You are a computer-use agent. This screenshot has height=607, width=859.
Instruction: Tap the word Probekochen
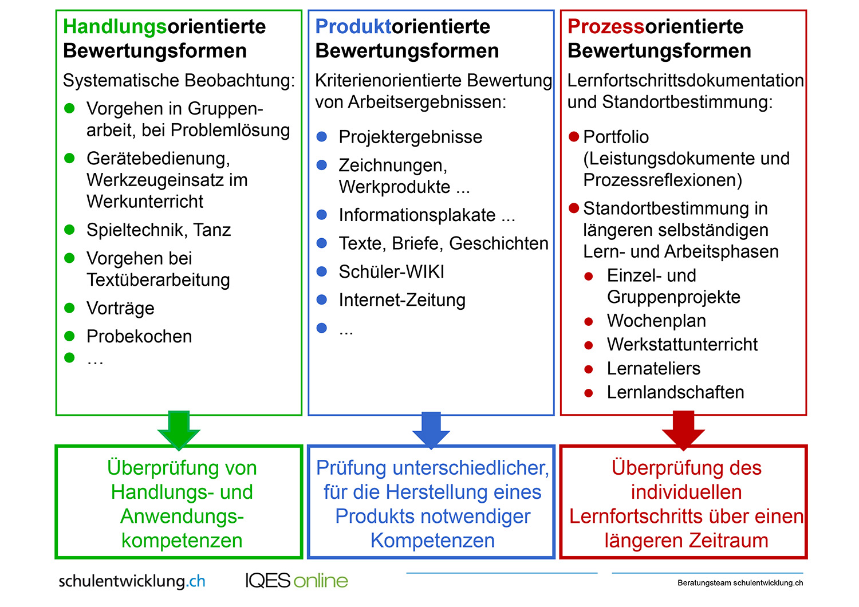point(139,337)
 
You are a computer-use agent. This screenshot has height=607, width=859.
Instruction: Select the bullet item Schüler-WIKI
point(392,272)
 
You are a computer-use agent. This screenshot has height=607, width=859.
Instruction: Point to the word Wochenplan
point(656,321)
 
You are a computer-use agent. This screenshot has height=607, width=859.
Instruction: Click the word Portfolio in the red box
point(616,137)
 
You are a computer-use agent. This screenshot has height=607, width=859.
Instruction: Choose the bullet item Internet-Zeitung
point(402,300)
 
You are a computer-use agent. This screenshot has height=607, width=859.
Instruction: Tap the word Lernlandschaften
point(675,392)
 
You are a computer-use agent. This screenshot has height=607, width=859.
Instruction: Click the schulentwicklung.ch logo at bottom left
point(132,581)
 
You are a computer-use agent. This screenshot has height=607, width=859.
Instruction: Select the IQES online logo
point(297,581)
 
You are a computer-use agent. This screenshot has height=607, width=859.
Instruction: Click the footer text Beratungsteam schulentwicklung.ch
point(740,583)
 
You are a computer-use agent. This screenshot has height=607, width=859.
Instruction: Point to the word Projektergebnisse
point(411,137)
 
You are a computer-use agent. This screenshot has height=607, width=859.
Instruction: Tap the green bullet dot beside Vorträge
point(69,308)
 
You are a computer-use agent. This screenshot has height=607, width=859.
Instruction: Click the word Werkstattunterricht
point(682,344)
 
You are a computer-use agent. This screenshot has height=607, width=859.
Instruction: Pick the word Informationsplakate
point(417,215)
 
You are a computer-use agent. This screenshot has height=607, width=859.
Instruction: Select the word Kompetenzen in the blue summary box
point(432,541)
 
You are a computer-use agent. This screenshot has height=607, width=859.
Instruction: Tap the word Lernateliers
point(653,368)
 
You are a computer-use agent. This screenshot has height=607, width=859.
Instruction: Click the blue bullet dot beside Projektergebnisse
point(322,136)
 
